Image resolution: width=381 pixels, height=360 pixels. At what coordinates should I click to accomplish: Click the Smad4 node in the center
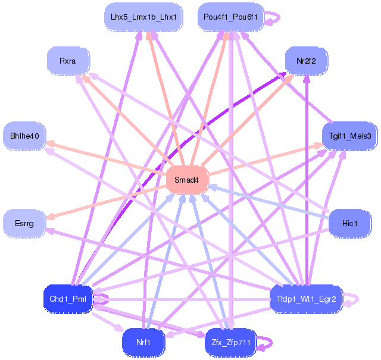[x=187, y=180]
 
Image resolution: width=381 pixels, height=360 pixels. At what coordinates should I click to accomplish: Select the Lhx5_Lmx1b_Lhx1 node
[x=140, y=17]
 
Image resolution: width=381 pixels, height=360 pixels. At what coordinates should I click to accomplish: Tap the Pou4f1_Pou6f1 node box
[x=230, y=17]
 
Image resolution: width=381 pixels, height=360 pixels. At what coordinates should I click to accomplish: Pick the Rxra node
[x=68, y=61]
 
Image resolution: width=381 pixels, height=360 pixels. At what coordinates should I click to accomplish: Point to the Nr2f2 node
[x=306, y=61]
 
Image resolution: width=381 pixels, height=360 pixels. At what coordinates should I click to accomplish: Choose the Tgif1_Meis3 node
[x=349, y=136]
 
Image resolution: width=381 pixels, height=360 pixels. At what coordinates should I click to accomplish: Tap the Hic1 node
[x=349, y=223]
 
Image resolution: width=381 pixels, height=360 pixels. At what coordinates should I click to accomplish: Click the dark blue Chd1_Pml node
[x=68, y=298]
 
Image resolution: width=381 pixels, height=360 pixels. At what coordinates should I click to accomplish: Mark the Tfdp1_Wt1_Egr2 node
[x=306, y=298]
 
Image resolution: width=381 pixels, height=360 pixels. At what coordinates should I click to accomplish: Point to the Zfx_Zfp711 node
[x=230, y=342]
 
